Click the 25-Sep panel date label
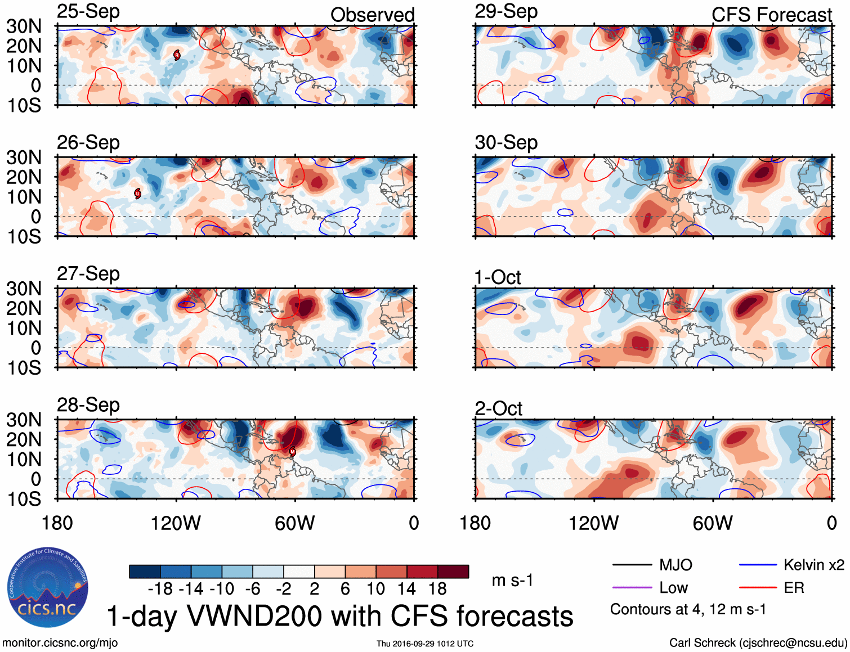(88, 11)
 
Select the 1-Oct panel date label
(498, 277)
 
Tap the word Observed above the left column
(372, 15)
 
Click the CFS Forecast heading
(771, 15)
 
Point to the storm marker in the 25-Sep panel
(177, 55)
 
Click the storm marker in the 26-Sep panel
(137, 194)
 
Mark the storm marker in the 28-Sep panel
(292, 451)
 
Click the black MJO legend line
(632, 565)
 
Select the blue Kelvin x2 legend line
(758, 565)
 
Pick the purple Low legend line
(632, 587)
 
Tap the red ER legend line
(758, 587)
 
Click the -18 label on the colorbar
(160, 589)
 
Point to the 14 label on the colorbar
(406, 589)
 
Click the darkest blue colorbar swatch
(144, 572)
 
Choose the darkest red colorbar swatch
(453, 572)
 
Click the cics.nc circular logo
(48, 588)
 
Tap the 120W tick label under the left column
(176, 523)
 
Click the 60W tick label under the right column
(713, 523)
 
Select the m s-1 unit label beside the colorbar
(512, 580)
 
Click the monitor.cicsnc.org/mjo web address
(60, 643)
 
